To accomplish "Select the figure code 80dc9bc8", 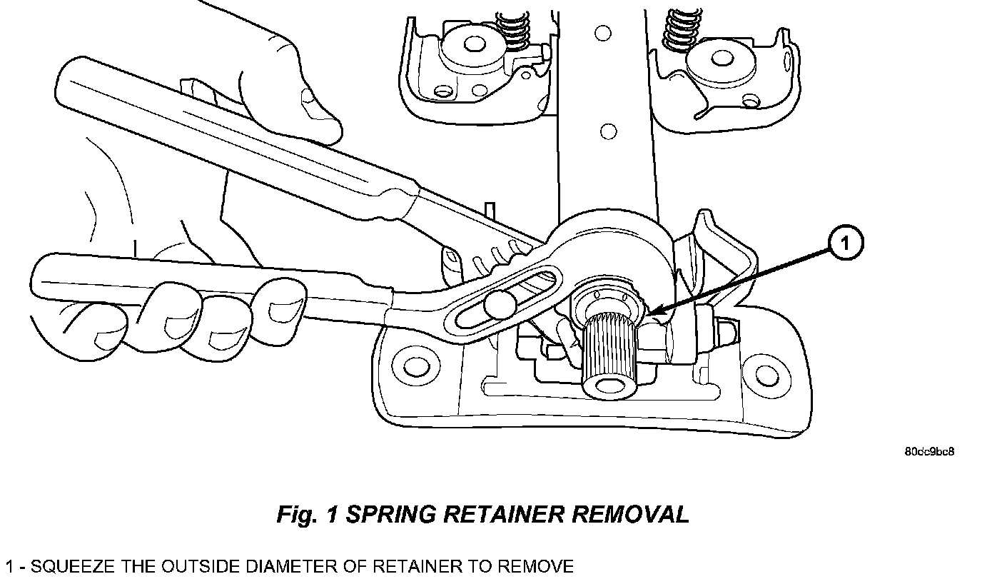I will pyautogui.click(x=929, y=452).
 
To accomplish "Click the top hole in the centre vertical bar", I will pyautogui.click(x=603, y=32).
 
